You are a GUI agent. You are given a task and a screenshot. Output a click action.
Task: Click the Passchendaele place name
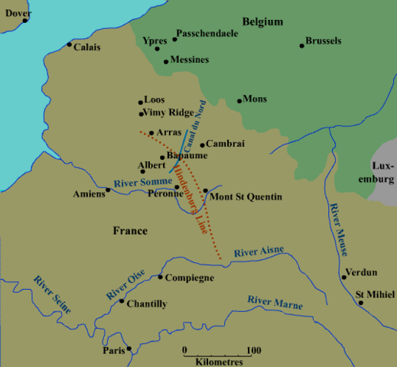point(206,34)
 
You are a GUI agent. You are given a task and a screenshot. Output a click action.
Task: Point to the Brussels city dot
point(302,46)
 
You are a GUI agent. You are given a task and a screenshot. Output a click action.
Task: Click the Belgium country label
point(263,21)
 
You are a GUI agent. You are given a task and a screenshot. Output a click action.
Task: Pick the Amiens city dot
point(108,190)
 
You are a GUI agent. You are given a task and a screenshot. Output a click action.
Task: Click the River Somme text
point(143,181)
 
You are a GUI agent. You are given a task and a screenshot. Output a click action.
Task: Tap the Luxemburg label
point(382,172)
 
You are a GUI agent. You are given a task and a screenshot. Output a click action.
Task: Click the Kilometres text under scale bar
point(220,360)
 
